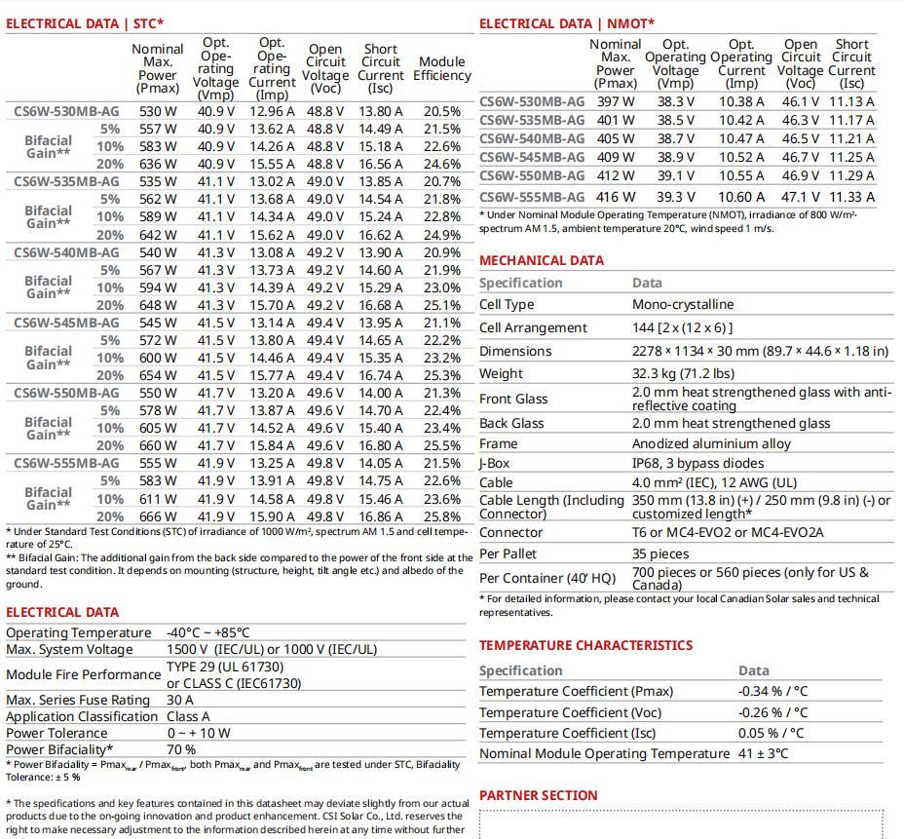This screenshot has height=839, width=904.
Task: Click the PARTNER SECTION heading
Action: [539, 795]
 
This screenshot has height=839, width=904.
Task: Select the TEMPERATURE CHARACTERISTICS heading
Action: [586, 645]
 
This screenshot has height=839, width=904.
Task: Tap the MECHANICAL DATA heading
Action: [542, 260]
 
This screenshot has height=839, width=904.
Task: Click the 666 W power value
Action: [158, 516]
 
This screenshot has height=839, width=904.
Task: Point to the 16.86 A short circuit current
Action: [381, 516]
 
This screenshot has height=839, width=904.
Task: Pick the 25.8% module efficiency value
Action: [442, 516]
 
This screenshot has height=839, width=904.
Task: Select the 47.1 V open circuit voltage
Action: [800, 196]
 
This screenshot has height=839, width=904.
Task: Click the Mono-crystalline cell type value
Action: [683, 304]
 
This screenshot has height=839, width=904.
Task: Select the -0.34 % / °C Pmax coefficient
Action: [772, 691]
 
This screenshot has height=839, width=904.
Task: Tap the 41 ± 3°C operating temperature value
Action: [764, 753]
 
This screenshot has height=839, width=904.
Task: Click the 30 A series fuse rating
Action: [180, 700]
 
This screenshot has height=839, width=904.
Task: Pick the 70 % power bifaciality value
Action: [181, 749]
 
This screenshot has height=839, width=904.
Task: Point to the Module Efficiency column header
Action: [442, 68]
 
